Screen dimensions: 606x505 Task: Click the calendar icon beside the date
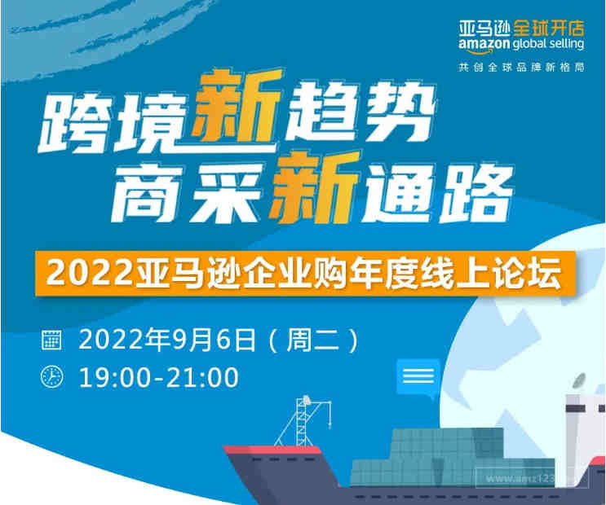(x=51, y=340)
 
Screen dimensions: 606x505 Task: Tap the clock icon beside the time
(x=51, y=377)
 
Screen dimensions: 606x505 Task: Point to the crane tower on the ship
(x=304, y=421)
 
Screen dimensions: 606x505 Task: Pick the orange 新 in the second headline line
(x=315, y=188)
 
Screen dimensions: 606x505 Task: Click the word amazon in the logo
(x=484, y=44)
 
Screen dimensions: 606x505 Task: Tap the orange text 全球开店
(x=549, y=28)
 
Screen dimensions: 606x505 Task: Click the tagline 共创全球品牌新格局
(x=521, y=67)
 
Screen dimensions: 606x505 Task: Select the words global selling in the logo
(x=548, y=44)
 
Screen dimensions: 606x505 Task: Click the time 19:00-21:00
(x=159, y=378)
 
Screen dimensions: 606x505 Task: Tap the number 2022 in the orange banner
(x=90, y=274)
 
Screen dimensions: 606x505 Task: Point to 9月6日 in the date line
(x=215, y=340)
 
